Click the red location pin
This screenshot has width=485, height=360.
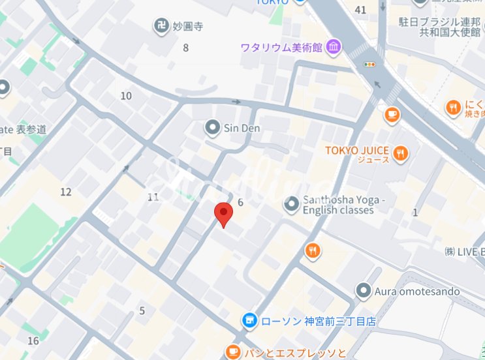tap(224, 213)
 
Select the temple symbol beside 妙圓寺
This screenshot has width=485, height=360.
tap(160, 27)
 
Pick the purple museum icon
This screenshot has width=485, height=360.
tap(334, 47)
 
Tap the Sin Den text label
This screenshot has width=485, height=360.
tap(242, 128)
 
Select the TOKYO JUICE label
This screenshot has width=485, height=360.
tap(358, 151)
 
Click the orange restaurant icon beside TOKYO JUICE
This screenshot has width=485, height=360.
tap(401, 154)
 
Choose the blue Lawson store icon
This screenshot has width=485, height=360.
tap(248, 320)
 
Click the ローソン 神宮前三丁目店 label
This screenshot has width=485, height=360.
tap(308, 321)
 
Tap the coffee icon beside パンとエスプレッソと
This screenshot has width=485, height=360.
tap(231, 352)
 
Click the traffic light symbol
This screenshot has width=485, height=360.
tap(370, 64)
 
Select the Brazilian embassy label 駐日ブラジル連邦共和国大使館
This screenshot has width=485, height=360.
tap(441, 26)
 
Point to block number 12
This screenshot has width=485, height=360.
tap(65, 192)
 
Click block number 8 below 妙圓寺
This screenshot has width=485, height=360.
tap(185, 47)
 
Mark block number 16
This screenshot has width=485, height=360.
tap(33, 340)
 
